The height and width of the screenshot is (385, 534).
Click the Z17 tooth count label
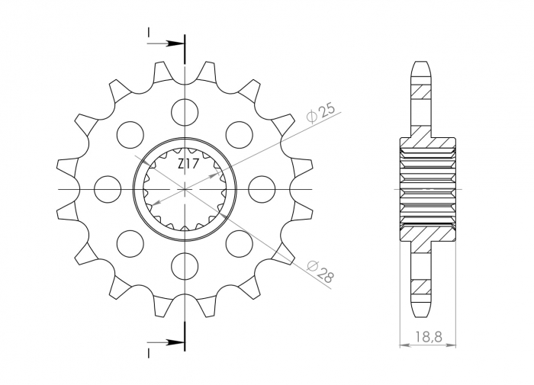click(x=189, y=164)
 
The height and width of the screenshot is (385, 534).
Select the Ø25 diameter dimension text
click(x=320, y=111)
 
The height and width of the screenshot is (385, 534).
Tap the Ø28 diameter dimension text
click(x=320, y=271)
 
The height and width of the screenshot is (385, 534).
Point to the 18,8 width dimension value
click(x=427, y=336)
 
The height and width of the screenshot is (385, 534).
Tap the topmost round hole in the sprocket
click(x=185, y=111)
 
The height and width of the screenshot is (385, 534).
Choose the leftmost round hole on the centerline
click(x=108, y=188)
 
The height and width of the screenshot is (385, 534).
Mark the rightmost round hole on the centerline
click(x=262, y=188)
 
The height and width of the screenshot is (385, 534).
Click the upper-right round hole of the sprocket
click(x=239, y=133)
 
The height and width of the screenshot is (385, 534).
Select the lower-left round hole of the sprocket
click(x=130, y=242)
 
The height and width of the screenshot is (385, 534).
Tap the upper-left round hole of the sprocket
click(x=130, y=133)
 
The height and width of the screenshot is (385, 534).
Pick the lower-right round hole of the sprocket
click(x=239, y=242)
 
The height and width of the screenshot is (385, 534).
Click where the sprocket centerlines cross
click(x=185, y=188)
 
